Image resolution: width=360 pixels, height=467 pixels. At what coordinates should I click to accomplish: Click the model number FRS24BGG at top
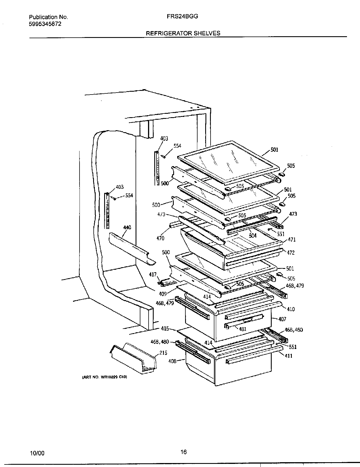182,16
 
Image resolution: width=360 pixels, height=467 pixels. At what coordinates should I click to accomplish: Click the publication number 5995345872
45,24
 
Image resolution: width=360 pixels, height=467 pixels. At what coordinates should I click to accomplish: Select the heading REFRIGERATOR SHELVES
183,33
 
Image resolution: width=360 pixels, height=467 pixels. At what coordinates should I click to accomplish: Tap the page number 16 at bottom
184,452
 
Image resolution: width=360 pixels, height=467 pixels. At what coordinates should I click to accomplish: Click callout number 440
127,227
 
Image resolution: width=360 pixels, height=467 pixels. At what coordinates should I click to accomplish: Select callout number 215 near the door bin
163,353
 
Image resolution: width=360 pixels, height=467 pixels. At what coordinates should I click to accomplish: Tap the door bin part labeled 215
133,358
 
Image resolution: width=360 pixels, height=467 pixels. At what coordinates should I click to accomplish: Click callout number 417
153,275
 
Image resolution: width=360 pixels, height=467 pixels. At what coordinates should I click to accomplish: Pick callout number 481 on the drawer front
243,329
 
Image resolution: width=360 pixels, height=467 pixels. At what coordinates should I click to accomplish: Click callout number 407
282,319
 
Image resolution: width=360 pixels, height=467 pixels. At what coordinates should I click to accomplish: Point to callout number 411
289,356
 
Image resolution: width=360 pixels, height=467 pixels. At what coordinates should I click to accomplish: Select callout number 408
172,361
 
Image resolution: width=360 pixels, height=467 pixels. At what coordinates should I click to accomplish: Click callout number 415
165,329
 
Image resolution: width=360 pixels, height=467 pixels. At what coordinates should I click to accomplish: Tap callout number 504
253,235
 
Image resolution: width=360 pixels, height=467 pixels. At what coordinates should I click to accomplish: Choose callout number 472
291,253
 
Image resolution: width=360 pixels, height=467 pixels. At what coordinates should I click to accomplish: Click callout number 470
160,238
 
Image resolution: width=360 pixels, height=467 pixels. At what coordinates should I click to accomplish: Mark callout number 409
163,294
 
